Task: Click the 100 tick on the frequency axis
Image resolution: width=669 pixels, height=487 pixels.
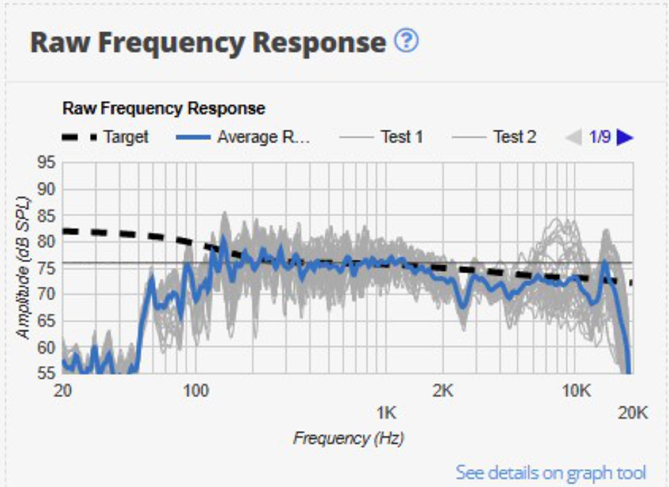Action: pyautogui.click(x=196, y=391)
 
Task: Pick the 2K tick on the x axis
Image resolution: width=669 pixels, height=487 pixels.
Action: pyautogui.click(x=443, y=391)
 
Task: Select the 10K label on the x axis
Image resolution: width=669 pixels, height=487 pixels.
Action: pyautogui.click(x=576, y=391)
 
